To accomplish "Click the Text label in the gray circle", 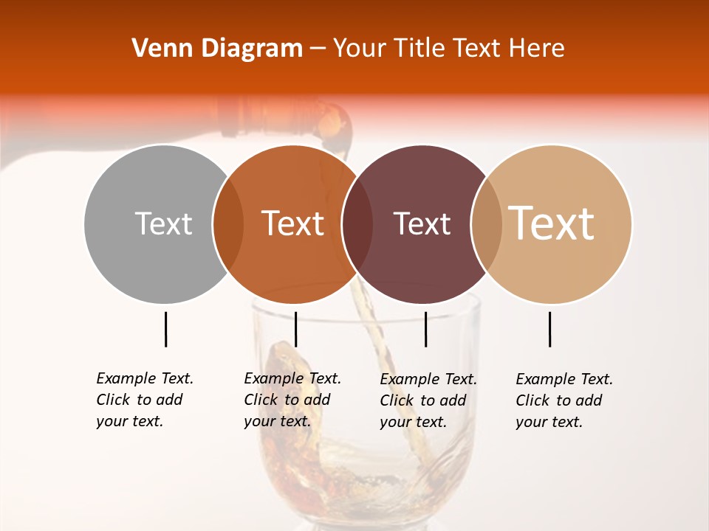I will tap(163, 223).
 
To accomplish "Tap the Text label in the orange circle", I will tap(293, 223).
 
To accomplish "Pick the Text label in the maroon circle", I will tap(422, 224).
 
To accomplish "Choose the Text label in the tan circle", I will tap(552, 223).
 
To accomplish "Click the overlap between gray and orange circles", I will tap(228, 223).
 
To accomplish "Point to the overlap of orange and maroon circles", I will tap(357, 223).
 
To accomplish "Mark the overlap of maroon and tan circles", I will tap(486, 223).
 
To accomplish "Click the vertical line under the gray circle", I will tap(165, 329).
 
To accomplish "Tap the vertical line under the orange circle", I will tap(295, 329).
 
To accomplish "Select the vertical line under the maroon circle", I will tap(425, 329).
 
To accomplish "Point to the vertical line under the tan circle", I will tap(549, 329).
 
